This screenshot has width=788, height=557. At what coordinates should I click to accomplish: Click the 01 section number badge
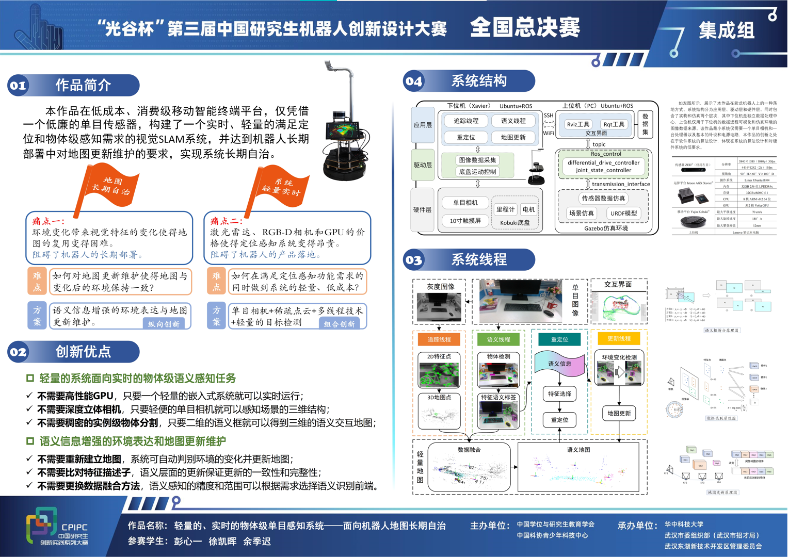point(19,86)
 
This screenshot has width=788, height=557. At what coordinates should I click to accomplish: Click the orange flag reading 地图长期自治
point(110,186)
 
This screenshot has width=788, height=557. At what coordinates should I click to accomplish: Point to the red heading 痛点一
point(49,221)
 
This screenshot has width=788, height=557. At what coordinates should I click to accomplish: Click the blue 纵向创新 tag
point(164,324)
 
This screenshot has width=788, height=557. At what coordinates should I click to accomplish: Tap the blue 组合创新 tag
point(340,324)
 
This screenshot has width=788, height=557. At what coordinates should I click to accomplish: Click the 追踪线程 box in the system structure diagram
point(466,121)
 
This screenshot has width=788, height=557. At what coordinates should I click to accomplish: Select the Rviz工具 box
point(578,124)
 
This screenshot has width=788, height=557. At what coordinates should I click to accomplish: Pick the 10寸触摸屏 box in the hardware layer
point(465,221)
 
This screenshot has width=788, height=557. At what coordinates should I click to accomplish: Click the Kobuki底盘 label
point(515,223)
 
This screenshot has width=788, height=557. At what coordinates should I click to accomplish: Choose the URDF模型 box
point(623,213)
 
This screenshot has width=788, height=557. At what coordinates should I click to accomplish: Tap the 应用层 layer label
point(423,125)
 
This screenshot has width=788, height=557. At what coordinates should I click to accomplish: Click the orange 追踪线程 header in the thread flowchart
point(439,339)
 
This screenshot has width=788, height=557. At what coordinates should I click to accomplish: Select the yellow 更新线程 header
point(619,338)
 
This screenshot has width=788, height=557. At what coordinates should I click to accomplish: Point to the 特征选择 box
point(559,394)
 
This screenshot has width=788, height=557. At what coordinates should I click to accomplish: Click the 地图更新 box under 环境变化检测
point(619,413)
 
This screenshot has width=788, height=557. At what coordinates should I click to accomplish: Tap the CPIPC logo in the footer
point(57,527)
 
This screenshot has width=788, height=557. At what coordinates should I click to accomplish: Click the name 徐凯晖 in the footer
point(222,542)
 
